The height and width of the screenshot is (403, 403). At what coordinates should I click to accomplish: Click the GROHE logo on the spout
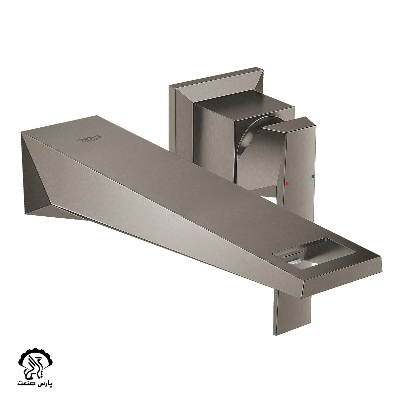89,138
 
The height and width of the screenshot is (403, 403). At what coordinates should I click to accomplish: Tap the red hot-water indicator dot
287,183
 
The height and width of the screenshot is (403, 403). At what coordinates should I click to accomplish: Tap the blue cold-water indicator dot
313,176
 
